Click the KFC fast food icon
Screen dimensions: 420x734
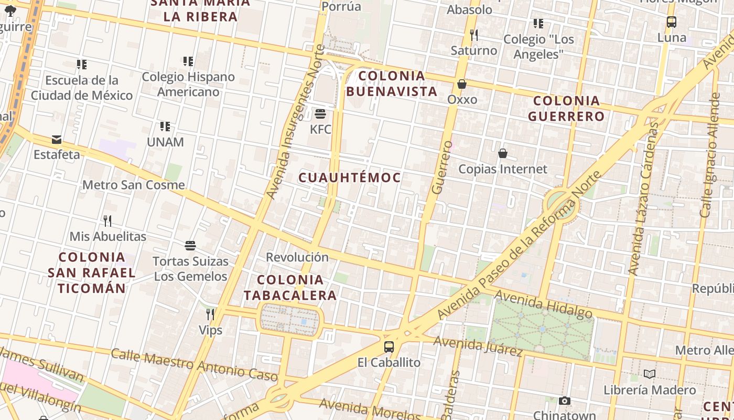(x=320, y=114)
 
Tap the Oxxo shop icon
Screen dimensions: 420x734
(x=462, y=84)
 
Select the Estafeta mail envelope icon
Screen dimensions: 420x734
(x=57, y=140)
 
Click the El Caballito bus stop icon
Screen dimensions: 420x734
(x=389, y=347)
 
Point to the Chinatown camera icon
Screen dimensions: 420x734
(x=565, y=401)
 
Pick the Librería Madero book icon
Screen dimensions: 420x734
(x=650, y=374)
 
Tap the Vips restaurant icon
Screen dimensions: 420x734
(x=210, y=314)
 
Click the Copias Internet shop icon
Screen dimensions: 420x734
(x=503, y=153)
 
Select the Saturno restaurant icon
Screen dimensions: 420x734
(x=474, y=35)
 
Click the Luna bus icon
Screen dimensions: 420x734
(x=672, y=22)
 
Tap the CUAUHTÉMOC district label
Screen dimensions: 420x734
(x=350, y=177)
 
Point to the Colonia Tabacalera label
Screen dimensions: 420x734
(x=290, y=287)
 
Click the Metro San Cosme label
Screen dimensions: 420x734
(x=134, y=185)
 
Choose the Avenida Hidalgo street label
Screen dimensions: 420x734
(x=543, y=304)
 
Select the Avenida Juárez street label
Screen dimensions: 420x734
(x=478, y=345)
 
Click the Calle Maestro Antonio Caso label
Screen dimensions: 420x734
(x=194, y=364)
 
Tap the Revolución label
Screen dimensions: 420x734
(x=297, y=257)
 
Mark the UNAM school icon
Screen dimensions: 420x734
(x=165, y=127)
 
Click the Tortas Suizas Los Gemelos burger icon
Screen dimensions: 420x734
(x=190, y=245)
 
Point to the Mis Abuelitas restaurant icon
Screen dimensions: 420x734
(x=107, y=220)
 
